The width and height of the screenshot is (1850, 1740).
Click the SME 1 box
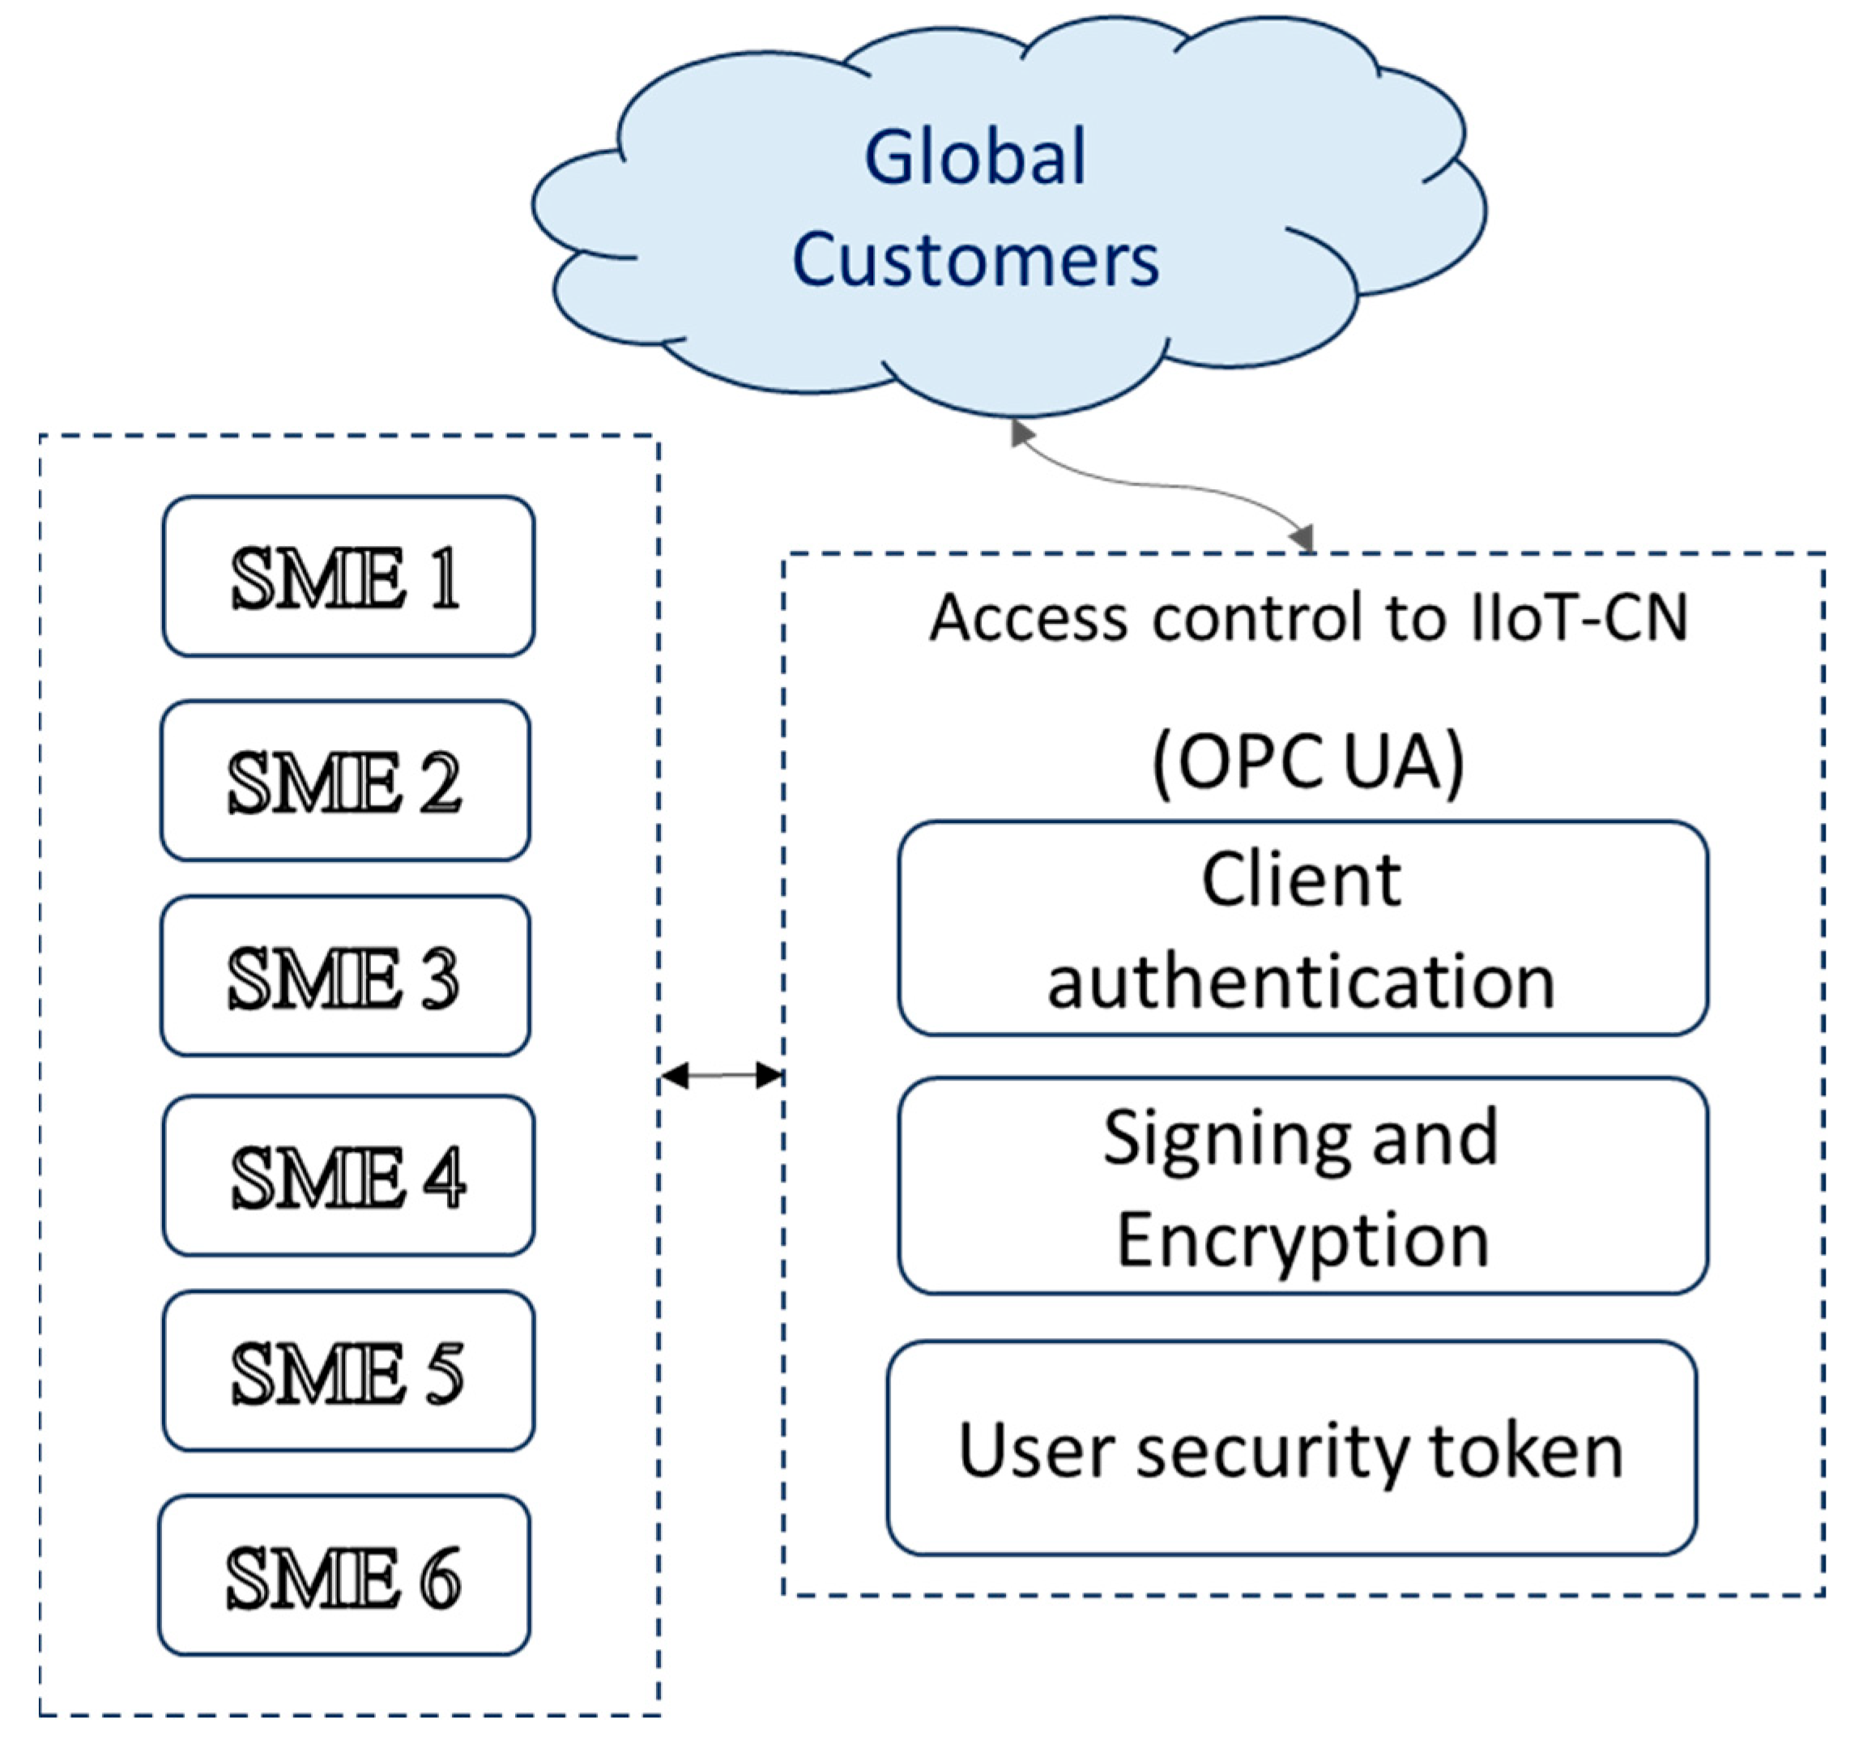click(x=348, y=577)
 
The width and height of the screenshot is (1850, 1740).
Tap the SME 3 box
click(x=345, y=977)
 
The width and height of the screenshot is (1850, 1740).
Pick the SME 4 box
click(x=348, y=1176)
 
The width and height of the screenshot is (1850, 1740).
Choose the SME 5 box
click(x=348, y=1371)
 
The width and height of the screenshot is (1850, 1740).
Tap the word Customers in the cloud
click(x=975, y=258)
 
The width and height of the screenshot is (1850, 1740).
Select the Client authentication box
click(x=1302, y=928)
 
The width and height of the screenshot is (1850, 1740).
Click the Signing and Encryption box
click(x=1302, y=1187)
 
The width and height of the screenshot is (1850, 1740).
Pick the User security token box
click(x=1291, y=1451)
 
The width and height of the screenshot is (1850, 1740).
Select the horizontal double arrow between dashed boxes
click(x=721, y=1076)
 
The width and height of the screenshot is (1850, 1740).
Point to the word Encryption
click(x=1302, y=1240)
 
